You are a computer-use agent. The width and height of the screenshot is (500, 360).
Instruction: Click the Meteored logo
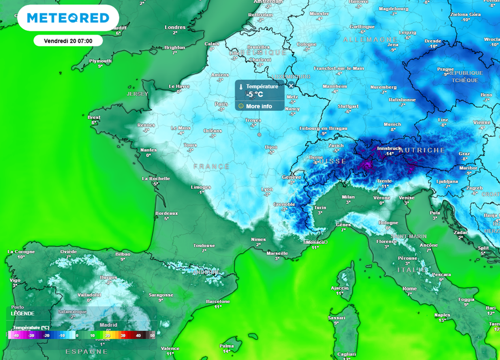pos(67,18)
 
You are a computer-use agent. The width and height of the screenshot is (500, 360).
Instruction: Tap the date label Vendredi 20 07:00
pos(67,41)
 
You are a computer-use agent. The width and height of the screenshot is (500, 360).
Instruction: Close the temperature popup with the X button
pos(291,85)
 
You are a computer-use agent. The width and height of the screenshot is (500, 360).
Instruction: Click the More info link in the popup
pos(259,106)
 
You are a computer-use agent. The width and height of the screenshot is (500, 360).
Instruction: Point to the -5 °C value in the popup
pos(255,95)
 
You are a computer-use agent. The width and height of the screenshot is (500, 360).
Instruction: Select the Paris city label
pos(221,104)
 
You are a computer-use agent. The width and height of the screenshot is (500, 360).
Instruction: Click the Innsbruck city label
pos(389,148)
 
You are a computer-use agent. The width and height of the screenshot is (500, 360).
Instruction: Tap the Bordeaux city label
pos(166,213)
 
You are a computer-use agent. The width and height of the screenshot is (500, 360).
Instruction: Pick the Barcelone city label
pos(218,301)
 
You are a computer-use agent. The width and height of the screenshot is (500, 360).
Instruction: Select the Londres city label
pos(175,27)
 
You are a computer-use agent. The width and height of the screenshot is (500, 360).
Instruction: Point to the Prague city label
pos(445,69)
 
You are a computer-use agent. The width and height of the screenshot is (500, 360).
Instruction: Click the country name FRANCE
pos(211,167)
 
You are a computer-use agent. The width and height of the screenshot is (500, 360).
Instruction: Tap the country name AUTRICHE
pos(421,150)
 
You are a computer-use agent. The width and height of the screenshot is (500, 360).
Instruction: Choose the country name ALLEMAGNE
pos(363,39)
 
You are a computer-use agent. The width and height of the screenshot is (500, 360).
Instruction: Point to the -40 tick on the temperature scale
pos(16,336)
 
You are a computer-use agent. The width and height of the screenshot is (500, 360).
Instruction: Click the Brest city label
pos(94,117)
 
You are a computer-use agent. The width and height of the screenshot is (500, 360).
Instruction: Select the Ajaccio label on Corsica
pos(339,288)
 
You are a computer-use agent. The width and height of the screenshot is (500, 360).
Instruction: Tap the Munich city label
pos(393,125)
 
